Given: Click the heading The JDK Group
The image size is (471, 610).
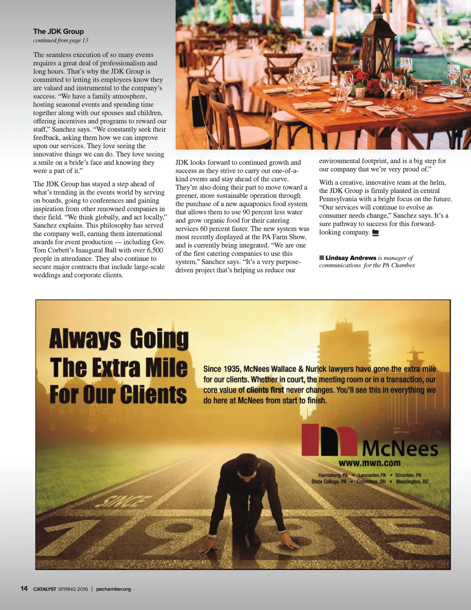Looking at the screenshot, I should click(58, 31).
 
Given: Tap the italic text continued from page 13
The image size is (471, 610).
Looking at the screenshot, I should click(60, 41).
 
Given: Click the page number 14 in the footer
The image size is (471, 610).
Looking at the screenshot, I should click(24, 588).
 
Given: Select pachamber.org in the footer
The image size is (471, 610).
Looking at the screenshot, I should click(114, 589).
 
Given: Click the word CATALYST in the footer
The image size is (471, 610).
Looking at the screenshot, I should click(45, 589).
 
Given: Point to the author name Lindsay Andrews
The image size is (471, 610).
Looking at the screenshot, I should click(350, 258).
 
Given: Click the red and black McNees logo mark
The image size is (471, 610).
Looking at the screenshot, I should click(329, 440).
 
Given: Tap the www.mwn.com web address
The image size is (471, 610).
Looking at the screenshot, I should click(369, 463).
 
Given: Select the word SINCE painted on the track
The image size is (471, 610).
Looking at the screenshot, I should click(123, 501).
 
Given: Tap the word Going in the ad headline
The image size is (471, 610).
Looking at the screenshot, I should click(159, 339).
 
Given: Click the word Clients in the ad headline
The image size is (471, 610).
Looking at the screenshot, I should click(153, 395).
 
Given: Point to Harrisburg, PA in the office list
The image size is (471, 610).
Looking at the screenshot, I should click(333, 475).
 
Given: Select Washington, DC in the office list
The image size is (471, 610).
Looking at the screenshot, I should click(412, 482).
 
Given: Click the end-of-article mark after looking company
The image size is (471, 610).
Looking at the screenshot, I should click(375, 233).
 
